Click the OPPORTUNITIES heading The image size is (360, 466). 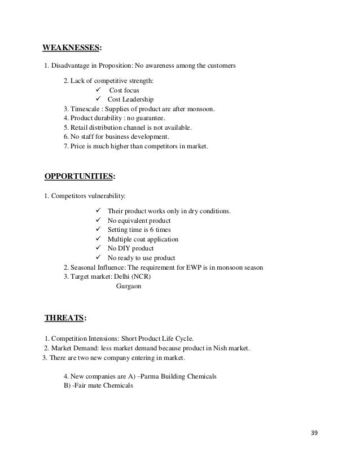(78, 177)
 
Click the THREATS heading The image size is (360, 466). (64, 319)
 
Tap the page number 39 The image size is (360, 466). (315, 433)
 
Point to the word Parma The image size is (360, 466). (156, 376)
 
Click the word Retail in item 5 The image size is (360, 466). (80, 128)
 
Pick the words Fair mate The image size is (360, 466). (91, 386)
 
